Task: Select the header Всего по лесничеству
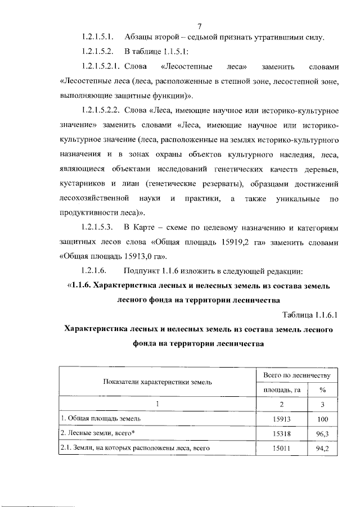297,374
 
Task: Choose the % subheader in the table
322,389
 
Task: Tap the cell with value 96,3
322,433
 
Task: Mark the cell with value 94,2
322,448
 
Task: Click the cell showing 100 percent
322,419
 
